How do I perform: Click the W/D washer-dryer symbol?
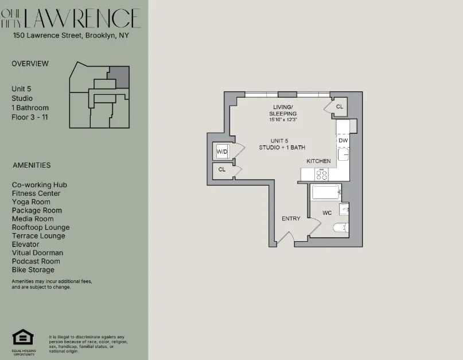pos(222,152)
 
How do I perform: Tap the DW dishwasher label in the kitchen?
pos(343,140)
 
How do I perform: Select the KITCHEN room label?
pos(318,161)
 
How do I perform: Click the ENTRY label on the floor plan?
pos(291,218)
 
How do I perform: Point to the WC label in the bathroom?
pos(327,213)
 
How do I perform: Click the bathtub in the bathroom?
pos(326,192)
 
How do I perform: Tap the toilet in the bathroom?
pos(341,227)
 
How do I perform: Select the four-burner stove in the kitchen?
pos(322,175)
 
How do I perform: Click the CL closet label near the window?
pos(339,107)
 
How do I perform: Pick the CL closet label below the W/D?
pos(222,170)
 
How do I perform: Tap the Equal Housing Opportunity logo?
pos(23,339)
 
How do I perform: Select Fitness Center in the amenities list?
pos(36,193)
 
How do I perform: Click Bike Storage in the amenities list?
pos(33,270)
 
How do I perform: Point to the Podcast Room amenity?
pos(36,261)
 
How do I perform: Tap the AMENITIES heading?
pos(32,165)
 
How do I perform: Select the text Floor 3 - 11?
pos(30,117)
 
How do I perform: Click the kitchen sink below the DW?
pos(343,154)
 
